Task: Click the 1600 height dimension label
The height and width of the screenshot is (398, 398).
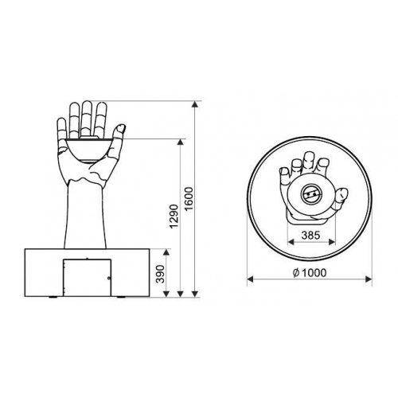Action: coord(190,199)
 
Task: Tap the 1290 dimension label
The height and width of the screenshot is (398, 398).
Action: coord(174,217)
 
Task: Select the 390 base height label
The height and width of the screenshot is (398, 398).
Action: coord(161,274)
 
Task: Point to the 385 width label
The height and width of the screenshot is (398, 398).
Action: coord(311,235)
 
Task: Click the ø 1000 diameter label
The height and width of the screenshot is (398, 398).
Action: coord(310,272)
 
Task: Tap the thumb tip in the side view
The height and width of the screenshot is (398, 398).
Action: coord(120,128)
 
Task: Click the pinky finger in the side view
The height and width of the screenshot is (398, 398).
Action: coord(61,128)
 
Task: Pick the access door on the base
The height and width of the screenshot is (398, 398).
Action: coord(87,278)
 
